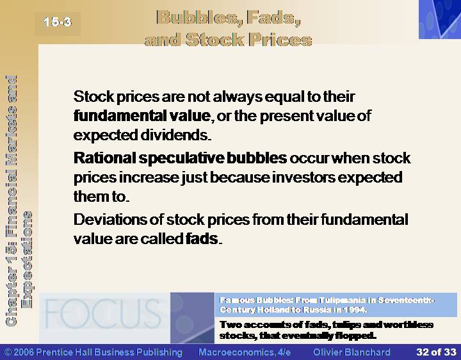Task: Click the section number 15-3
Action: coord(58,22)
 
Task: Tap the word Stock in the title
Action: coord(214,40)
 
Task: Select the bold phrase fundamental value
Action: coord(142,115)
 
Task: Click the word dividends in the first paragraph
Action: coord(175,135)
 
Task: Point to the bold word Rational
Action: coord(104,158)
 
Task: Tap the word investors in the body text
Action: coord(303,177)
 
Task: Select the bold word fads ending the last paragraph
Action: coord(202,238)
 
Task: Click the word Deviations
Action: coord(109,220)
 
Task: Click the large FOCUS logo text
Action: coord(103,313)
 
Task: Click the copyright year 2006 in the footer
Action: coord(24,352)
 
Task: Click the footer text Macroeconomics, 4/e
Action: coord(245,352)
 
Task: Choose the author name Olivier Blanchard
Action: coord(352,352)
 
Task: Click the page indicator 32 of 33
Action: coord(436,352)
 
